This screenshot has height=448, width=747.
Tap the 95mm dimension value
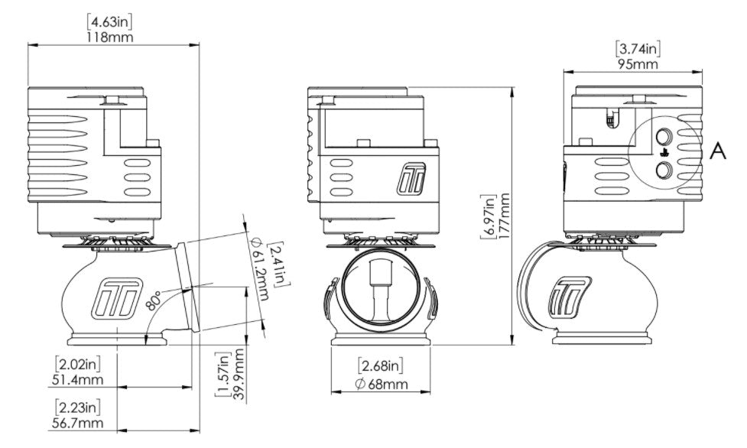638,63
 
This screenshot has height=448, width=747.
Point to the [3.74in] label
638,49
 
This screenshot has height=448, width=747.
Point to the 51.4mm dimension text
80,378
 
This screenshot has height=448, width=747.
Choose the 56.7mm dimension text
80,420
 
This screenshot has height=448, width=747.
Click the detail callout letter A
717,151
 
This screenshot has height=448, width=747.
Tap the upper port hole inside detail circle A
664,138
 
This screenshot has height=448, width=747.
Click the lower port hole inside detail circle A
664,170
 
